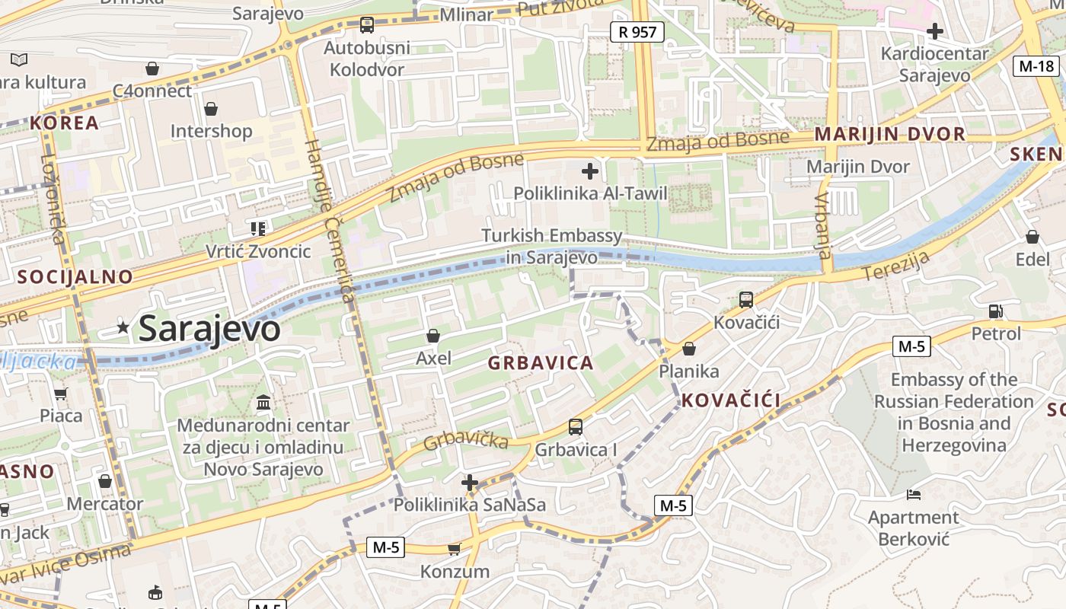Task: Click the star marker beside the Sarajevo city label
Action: [123, 327]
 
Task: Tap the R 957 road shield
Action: [637, 31]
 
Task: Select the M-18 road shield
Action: [1036, 65]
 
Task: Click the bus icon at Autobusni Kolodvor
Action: [367, 25]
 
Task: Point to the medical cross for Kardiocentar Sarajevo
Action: [934, 31]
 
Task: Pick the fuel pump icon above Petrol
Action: [995, 311]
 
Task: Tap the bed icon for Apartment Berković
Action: [914, 495]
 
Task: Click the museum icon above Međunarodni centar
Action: [263, 402]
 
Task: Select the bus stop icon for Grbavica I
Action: [576, 427]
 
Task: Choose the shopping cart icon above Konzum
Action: [455, 549]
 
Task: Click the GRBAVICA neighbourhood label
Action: [541, 362]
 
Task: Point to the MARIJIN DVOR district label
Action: [889, 134]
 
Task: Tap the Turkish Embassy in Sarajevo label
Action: [552, 247]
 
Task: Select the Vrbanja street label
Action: [822, 225]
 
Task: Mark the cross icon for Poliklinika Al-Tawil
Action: [589, 171]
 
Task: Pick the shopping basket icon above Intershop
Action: [211, 109]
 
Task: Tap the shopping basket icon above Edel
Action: [1032, 237]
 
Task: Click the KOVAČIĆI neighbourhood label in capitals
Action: [731, 400]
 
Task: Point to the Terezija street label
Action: [897, 266]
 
